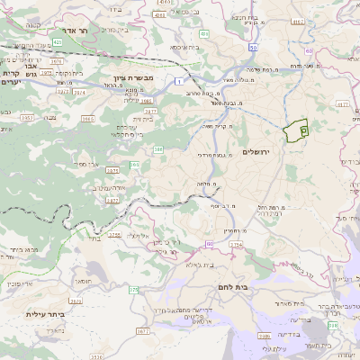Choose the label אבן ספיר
click(x=93, y=166)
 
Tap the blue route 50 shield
click(x=255, y=47)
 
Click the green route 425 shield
click(x=57, y=41)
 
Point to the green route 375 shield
click(x=133, y=289)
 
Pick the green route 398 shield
click(x=332, y=325)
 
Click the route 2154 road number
click(x=236, y=243)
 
